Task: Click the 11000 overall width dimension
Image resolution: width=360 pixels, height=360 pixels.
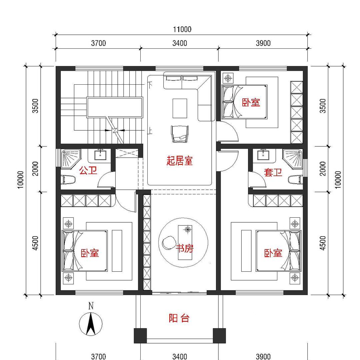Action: coord(182,29)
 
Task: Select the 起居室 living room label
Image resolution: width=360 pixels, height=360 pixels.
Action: coord(180,161)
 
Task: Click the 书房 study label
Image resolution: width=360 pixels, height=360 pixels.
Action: coord(185,248)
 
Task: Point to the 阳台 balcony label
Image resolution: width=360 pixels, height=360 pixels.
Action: coord(179,318)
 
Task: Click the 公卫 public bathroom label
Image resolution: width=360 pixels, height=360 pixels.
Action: coord(88,171)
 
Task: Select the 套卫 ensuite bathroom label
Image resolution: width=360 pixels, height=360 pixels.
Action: coord(273,172)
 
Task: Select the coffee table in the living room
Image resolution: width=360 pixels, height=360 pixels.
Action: coord(180,108)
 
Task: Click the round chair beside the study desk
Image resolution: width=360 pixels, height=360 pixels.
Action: coord(169,242)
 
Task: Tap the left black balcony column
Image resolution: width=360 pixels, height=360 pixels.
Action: coord(140,335)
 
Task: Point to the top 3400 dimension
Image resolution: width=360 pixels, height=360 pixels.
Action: coord(180,43)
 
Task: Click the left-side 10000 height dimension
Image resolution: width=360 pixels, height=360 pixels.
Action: coord(21,180)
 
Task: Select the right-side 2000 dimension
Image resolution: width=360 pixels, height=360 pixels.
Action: coord(322,169)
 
